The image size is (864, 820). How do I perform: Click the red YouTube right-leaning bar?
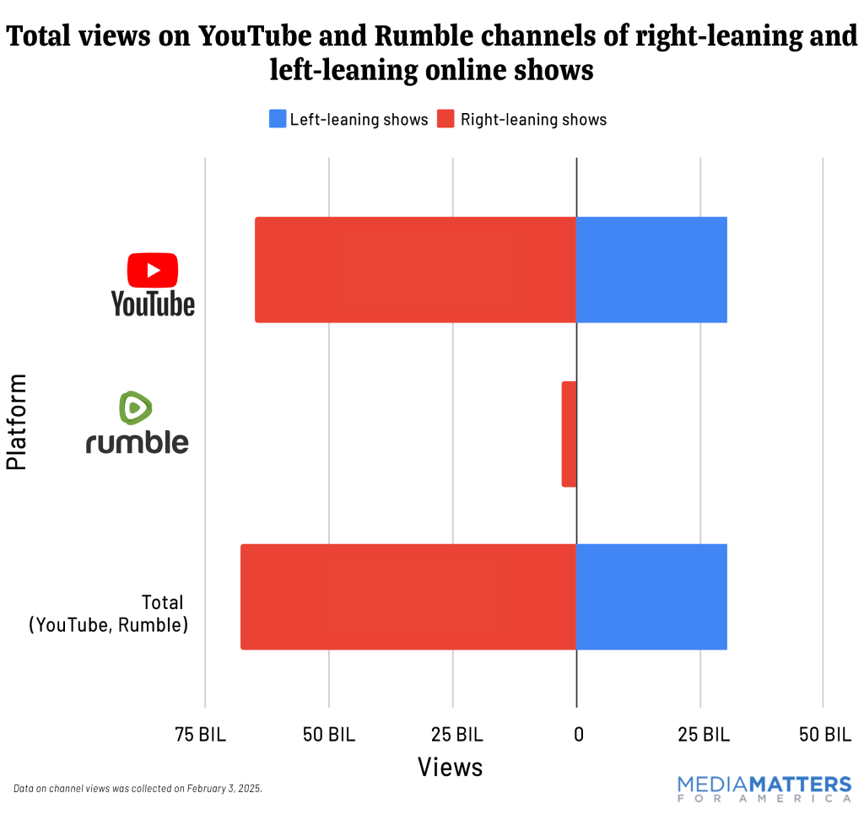coord(415,270)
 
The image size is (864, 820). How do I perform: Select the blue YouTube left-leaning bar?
coord(651,270)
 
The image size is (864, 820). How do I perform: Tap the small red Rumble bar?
coord(570,434)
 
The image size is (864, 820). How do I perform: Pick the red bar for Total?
coord(408,596)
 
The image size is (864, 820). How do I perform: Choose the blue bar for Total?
coord(651,596)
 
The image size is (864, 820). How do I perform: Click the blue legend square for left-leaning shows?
coord(278,119)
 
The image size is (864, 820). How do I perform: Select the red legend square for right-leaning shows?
coord(445,119)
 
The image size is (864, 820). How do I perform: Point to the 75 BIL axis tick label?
coord(201,735)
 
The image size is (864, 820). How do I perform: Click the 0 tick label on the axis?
coord(578,735)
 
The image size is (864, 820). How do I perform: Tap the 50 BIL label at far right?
coord(825,735)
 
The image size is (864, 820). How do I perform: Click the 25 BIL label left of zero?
coord(456,735)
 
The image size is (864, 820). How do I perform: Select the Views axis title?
coord(451,767)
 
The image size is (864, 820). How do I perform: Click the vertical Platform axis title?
coord(17,422)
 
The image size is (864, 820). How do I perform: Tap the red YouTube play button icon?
coord(153,270)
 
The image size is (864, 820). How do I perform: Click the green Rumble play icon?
coord(135,408)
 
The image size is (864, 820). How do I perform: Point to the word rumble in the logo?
coord(138,442)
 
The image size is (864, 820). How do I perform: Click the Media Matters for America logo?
coord(764,788)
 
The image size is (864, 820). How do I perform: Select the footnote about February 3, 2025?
coord(138,788)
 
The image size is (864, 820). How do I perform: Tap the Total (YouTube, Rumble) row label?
coord(107,613)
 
